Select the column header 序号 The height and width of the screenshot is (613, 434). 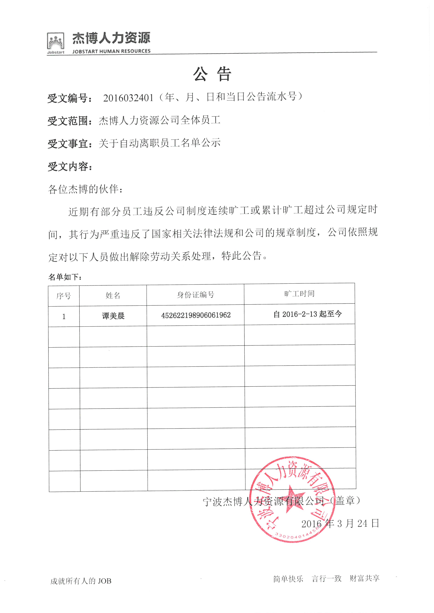(x=64, y=296)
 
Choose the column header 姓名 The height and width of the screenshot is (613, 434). (x=113, y=295)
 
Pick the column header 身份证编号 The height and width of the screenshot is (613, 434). (x=196, y=295)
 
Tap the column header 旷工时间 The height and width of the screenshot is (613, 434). (x=299, y=294)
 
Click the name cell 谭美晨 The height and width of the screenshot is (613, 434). (x=113, y=316)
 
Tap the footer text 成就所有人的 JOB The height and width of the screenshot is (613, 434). (x=81, y=581)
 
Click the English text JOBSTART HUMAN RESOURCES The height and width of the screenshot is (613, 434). (x=111, y=51)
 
